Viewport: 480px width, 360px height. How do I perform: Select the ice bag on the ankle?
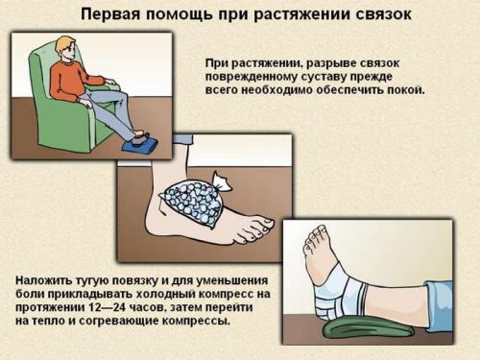(x=191, y=203)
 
